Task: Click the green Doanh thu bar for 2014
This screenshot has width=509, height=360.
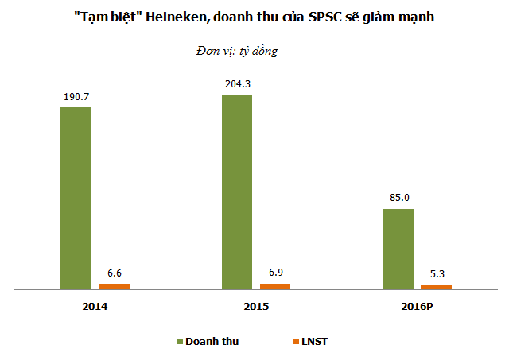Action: pyautogui.click(x=76, y=198)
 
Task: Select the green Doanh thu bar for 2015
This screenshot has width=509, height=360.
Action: pyautogui.click(x=237, y=192)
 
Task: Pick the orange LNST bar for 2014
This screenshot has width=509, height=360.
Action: pyautogui.click(x=114, y=286)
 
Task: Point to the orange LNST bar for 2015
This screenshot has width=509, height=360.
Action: pyautogui.click(x=275, y=286)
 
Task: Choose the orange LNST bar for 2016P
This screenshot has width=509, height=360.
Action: pyautogui.click(x=437, y=287)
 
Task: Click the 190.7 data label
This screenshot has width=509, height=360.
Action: pyautogui.click(x=76, y=96)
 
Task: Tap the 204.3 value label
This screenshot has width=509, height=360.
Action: pyautogui.click(x=237, y=83)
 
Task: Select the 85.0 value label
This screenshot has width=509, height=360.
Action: pyautogui.click(x=398, y=198)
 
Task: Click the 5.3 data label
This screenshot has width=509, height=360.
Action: pyautogui.click(x=437, y=275)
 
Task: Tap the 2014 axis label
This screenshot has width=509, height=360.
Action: pyautogui.click(x=95, y=306)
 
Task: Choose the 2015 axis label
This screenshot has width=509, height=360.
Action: pyautogui.click(x=256, y=306)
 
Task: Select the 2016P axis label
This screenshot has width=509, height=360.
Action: pyautogui.click(x=418, y=306)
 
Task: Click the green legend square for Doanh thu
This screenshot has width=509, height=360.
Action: pyautogui.click(x=180, y=341)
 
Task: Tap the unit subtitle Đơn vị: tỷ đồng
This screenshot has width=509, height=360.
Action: pyautogui.click(x=236, y=51)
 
